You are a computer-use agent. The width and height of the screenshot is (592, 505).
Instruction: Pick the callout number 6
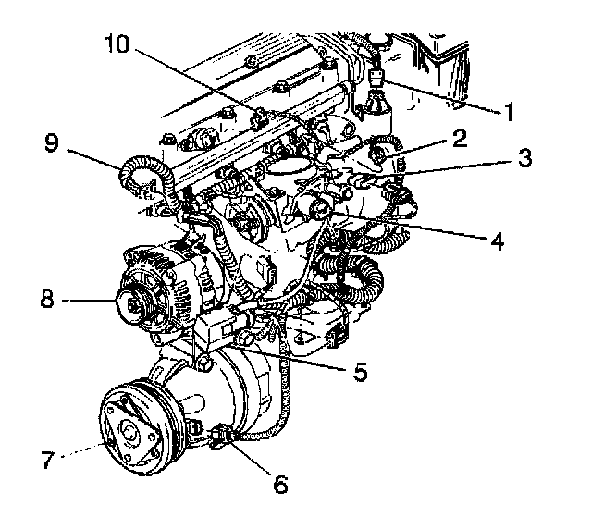tap(279, 482)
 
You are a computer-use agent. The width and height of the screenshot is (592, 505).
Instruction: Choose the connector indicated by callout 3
tap(400, 192)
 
